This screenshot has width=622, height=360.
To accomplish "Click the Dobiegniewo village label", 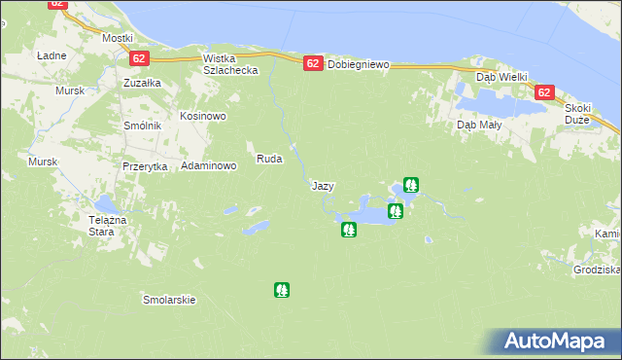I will point(358,65).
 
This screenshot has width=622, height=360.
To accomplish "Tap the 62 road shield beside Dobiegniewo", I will point(312,63).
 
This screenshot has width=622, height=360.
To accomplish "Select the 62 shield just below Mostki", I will point(137,59).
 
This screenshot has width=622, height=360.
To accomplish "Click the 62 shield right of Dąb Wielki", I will point(543,92).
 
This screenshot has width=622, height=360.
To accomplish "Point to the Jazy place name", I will point(323,185).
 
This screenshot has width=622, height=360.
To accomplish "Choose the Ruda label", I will point(268,159).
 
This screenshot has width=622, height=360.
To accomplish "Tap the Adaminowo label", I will point(209,166).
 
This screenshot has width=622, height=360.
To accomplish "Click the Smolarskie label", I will point(169,300).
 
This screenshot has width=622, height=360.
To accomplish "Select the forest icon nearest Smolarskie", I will point(281,289).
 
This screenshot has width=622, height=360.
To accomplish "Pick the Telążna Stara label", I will point(108,226).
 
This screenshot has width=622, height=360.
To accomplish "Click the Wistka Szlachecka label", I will point(229,64).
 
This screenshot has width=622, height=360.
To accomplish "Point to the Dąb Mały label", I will point(478,125).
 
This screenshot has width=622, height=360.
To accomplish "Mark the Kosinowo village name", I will point(202,116).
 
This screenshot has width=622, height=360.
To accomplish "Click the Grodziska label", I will point(597,270).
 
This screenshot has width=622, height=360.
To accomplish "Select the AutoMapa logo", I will point(556,341).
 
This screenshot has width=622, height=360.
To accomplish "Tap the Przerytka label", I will point(146,166).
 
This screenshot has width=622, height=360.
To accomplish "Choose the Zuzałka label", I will point(142,84).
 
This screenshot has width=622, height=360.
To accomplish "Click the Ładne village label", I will point(51,55).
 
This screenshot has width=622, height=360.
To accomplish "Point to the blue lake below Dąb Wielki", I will point(491,101).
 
